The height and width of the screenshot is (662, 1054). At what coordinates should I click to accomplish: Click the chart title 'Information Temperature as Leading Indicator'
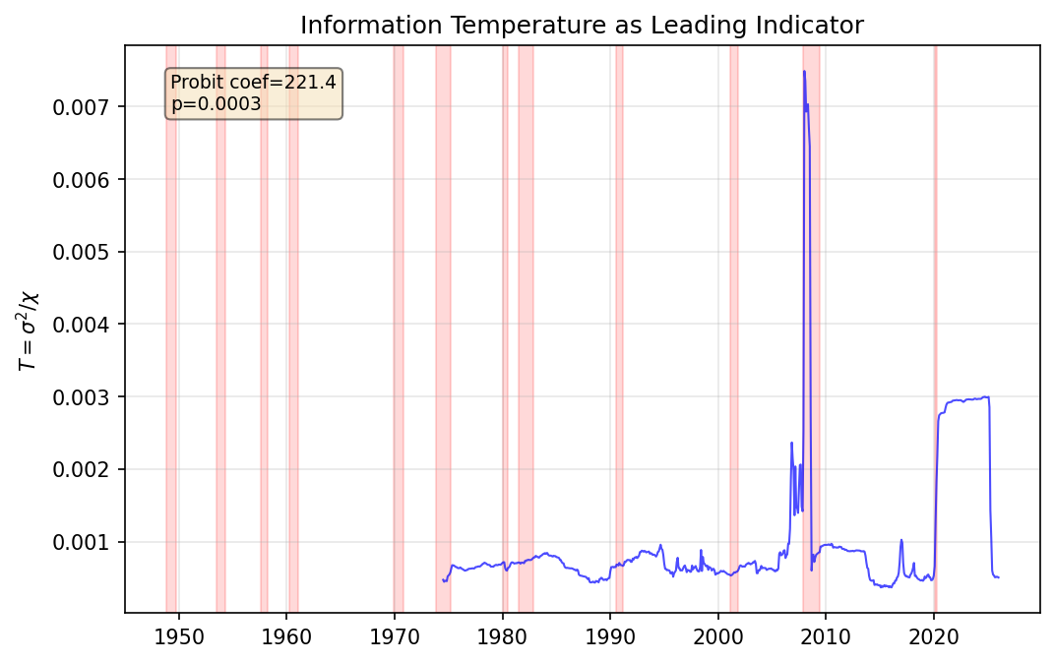pyautogui.click(x=582, y=26)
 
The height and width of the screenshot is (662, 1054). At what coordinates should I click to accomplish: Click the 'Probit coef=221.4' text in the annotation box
pyautogui.click(x=253, y=83)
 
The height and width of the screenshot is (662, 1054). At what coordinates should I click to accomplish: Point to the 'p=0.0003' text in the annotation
pyautogui.click(x=216, y=103)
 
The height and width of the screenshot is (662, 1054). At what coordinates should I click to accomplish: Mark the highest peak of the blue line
pyautogui.click(x=804, y=72)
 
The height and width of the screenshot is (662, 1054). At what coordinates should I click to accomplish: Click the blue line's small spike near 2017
pyautogui.click(x=901, y=541)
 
